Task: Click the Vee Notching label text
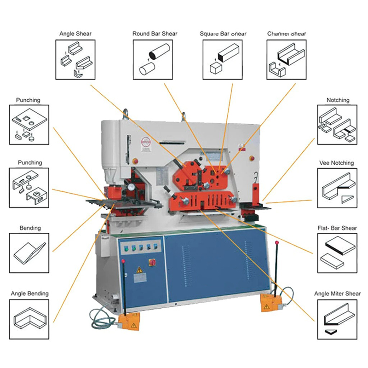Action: tap(336, 163)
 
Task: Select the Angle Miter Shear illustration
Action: tap(336, 317)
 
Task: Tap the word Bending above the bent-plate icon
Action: tap(30, 228)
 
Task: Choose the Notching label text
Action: tap(338, 100)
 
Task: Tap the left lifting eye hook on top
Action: tap(124, 114)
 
